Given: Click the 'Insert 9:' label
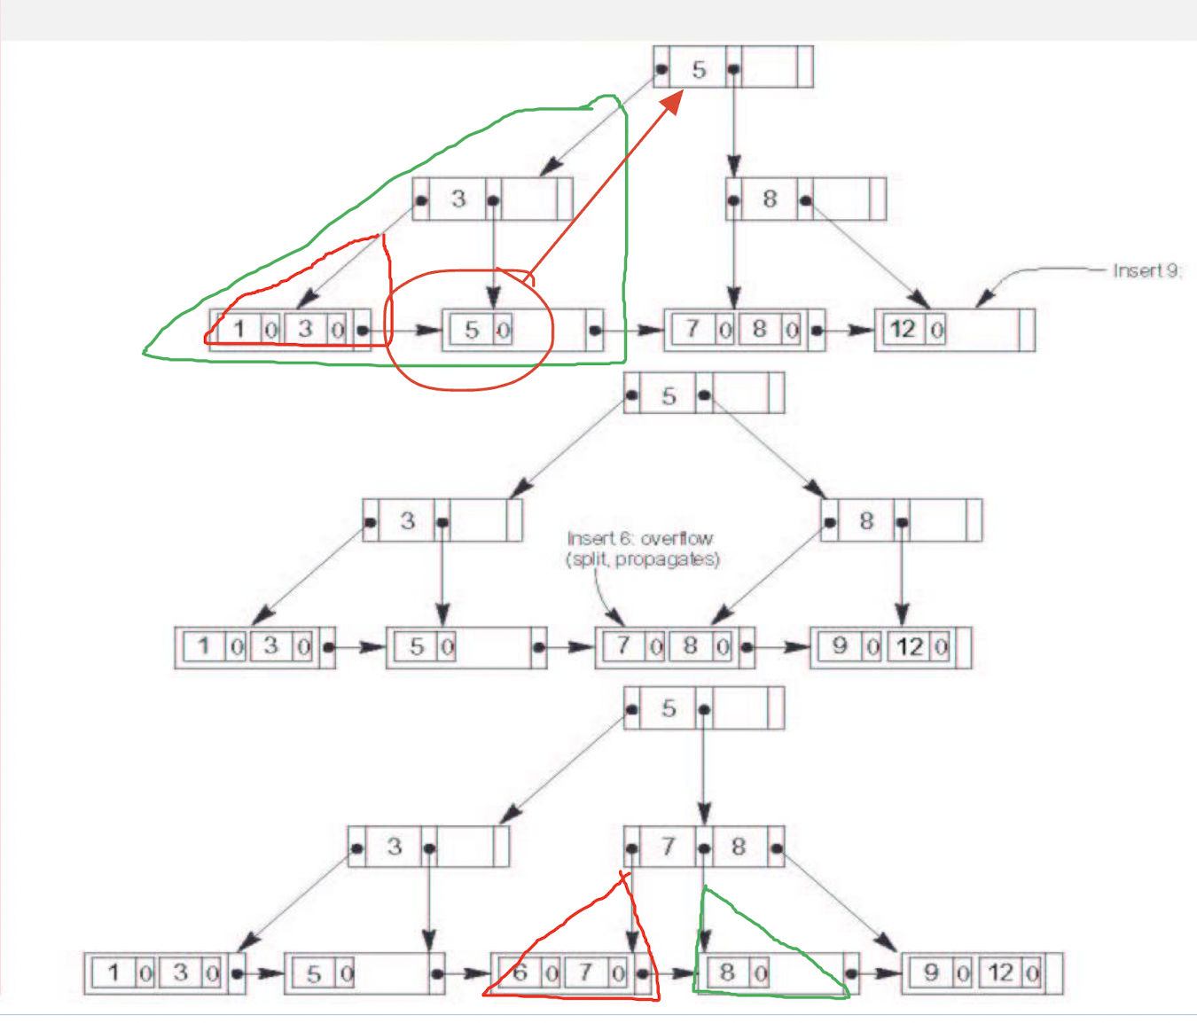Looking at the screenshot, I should [1147, 270].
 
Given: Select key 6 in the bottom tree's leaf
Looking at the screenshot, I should [520, 972].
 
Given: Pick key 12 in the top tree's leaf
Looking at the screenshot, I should [903, 330].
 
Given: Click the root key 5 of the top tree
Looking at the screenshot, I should [699, 69].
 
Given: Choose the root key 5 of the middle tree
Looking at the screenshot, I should [669, 396].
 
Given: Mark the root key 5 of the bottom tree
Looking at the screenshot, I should [669, 708].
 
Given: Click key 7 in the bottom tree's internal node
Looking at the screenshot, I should [669, 847].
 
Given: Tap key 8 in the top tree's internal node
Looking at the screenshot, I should [770, 199].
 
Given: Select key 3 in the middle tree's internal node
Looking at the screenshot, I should [408, 520].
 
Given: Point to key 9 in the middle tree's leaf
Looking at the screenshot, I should [840, 646].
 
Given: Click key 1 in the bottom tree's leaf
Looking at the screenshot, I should [113, 972].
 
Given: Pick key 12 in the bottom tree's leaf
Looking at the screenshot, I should [1001, 972].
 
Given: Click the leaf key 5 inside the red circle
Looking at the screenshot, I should [472, 330].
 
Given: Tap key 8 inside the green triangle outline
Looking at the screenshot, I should [727, 972].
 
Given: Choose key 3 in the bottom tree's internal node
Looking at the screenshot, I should [395, 847].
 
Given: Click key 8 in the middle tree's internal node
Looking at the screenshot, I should [866, 520].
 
